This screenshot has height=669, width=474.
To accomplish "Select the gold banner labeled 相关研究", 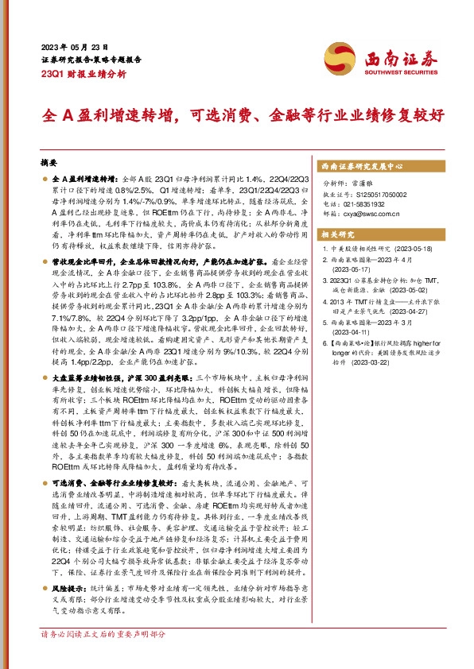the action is click(x=337, y=235).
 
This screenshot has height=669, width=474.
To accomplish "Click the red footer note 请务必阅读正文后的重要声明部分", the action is click(x=103, y=657).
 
